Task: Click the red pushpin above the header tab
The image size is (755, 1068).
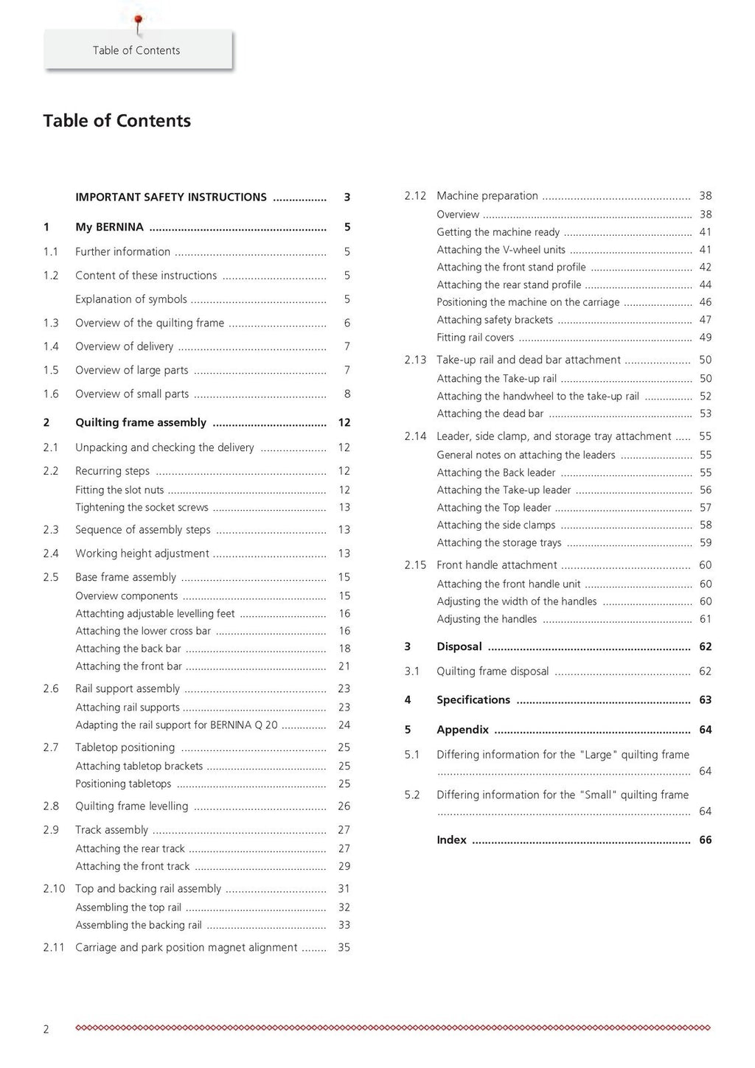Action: click(x=137, y=21)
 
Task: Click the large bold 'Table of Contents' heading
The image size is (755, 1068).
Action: click(x=116, y=121)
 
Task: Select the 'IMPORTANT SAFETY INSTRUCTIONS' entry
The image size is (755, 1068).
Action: click(x=171, y=198)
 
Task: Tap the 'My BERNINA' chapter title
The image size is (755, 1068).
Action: click(x=109, y=227)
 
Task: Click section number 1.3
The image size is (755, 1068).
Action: click(x=51, y=323)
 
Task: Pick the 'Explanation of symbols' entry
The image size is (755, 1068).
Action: click(x=131, y=299)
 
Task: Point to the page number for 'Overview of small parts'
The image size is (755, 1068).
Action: click(x=347, y=394)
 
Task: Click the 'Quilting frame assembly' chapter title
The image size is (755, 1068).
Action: click(x=141, y=422)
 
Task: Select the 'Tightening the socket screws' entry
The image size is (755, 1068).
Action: click(x=142, y=508)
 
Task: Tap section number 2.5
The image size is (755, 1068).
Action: click(x=51, y=577)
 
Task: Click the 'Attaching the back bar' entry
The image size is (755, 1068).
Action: click(x=128, y=649)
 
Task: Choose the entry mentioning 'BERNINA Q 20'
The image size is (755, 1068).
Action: click(x=177, y=725)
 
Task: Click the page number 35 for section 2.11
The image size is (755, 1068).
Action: click(x=344, y=948)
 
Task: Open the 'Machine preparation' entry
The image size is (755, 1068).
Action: click(x=487, y=196)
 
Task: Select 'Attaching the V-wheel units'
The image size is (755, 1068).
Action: click(x=501, y=250)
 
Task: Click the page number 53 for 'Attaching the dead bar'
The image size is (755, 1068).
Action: click(x=706, y=414)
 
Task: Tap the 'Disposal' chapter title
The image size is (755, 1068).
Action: click(x=459, y=647)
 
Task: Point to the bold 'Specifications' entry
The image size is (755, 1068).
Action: click(x=473, y=700)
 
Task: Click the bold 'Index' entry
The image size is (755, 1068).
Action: click(x=451, y=840)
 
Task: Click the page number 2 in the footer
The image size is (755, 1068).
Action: click(x=46, y=1030)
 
